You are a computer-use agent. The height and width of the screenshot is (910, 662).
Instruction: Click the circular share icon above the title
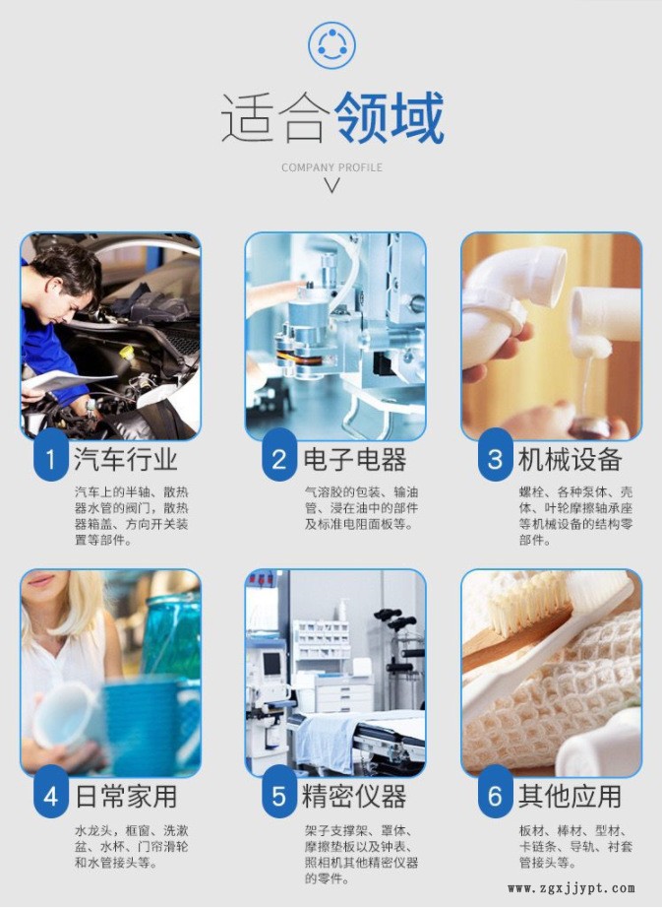pyautogui.click(x=331, y=44)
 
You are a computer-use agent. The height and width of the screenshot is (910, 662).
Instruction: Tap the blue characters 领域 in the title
pyautogui.click(x=389, y=118)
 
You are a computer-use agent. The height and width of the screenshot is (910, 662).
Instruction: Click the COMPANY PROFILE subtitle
pyautogui.click(x=331, y=167)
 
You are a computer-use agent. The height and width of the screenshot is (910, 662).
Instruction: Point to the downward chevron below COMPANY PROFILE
pyautogui.click(x=331, y=186)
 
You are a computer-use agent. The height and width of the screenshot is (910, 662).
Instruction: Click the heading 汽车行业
pyautogui.click(x=125, y=459)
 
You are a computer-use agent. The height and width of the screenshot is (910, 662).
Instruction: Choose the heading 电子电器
pyautogui.click(x=355, y=459)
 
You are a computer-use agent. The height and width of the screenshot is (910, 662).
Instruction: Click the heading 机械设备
pyautogui.click(x=570, y=459)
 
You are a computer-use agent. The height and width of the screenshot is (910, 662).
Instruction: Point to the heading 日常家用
pyautogui.click(x=126, y=796)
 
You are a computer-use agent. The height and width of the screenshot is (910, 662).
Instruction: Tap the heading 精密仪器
pyautogui.click(x=355, y=796)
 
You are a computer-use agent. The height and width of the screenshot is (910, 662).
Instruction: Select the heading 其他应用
pyautogui.click(x=570, y=796)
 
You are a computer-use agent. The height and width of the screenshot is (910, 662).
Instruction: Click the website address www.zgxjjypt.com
pyautogui.click(x=572, y=888)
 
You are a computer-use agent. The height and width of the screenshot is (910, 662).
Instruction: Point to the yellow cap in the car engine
pyautogui.click(x=126, y=352)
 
